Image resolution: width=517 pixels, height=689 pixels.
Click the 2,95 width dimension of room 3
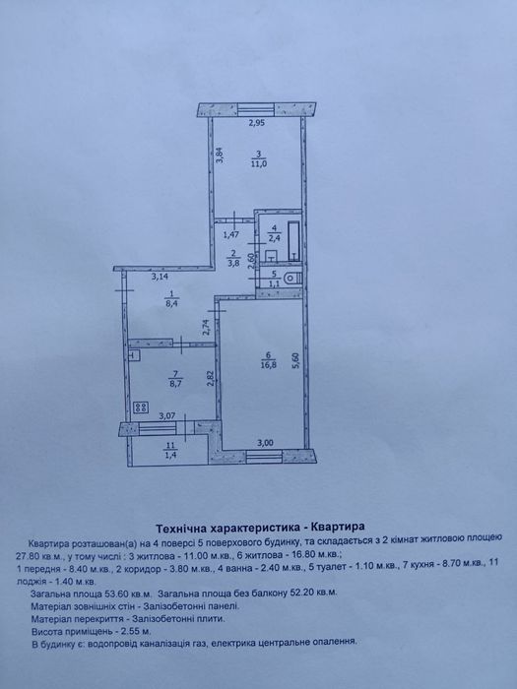pyautogui.click(x=256, y=123)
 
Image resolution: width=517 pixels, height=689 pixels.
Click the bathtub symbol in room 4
pyautogui.click(x=294, y=241)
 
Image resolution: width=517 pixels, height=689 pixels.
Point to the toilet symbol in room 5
pyautogui.click(x=292, y=279)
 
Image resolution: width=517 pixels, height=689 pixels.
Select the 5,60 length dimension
pyautogui.click(x=295, y=360)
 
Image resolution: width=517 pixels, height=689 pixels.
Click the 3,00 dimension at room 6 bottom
pyautogui.click(x=266, y=443)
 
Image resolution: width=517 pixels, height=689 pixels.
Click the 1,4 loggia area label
pyautogui.click(x=169, y=454)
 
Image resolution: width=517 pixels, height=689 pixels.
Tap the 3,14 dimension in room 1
pyautogui.click(x=160, y=277)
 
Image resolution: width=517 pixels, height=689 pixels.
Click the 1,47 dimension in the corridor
pyautogui.click(x=231, y=234)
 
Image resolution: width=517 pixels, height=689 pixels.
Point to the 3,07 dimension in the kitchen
pyautogui.click(x=166, y=414)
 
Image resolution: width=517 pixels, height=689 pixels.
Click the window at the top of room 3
pyautogui.click(x=256, y=109)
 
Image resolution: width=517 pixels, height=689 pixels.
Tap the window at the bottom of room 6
pyautogui.click(x=264, y=457)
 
